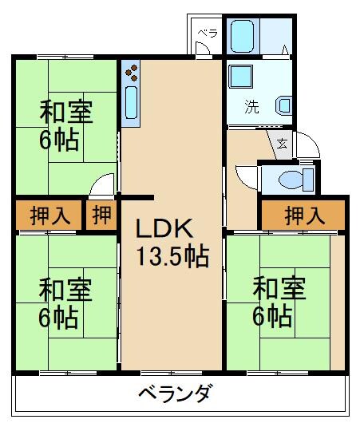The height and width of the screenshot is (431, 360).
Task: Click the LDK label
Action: [164, 230]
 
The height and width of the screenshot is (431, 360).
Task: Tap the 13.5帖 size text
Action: [171, 257]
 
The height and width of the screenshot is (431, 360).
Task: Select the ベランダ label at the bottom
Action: [175, 393]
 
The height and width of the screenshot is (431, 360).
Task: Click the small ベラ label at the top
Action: [207, 34]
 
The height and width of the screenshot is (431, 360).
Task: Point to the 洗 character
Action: [251, 105]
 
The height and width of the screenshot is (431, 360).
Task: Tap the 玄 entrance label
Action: [283, 144]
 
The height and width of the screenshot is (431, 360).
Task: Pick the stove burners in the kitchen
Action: [131, 77]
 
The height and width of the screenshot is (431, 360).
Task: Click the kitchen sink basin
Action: [132, 105]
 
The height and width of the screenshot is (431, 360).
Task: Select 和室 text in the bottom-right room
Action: [279, 288]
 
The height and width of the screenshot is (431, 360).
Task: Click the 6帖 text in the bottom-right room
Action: [271, 318]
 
